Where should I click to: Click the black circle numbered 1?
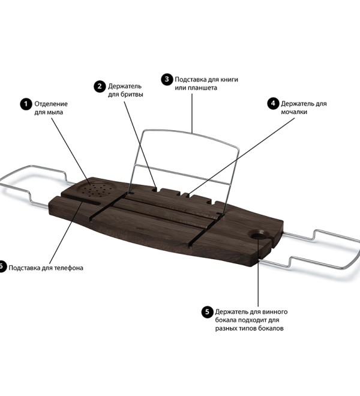pyautogui.click(x=26, y=104)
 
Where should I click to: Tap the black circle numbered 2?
pyautogui.click(x=100, y=86)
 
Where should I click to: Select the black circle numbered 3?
pyautogui.click(x=167, y=80)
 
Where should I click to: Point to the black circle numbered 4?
pyautogui.click(x=273, y=104)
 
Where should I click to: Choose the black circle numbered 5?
pyautogui.click(x=208, y=312)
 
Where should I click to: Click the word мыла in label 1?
pyautogui.click(x=55, y=112)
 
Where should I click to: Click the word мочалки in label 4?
pyautogui.click(x=294, y=112)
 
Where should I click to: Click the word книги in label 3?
pyautogui.click(x=229, y=79)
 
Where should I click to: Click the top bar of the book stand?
pyautogui.click(x=191, y=135)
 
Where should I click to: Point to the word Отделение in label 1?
pyautogui.click(x=51, y=104)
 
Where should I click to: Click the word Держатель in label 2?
pyautogui.click(x=125, y=86)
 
